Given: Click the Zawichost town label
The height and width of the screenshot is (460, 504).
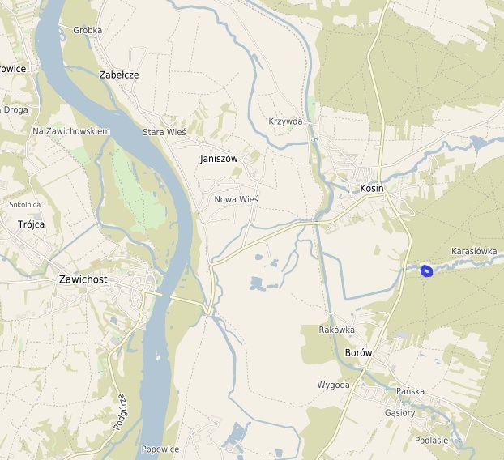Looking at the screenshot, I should (x=83, y=279).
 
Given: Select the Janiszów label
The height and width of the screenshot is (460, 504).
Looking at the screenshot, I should (x=219, y=159).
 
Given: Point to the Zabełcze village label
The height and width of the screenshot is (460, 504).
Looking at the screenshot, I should (x=119, y=75).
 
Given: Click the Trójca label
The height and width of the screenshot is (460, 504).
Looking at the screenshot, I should (x=31, y=224).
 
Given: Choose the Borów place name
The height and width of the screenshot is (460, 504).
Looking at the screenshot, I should (x=358, y=353).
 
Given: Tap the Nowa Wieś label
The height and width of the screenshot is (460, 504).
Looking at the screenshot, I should (x=236, y=199).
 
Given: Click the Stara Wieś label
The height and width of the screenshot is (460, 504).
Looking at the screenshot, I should (x=164, y=132).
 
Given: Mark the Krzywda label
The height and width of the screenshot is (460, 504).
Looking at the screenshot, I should (x=285, y=121).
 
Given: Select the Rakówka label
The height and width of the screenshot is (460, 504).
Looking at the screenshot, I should (x=337, y=330).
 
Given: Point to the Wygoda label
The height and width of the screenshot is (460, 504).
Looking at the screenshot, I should (x=334, y=385).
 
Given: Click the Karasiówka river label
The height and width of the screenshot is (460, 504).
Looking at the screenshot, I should (x=474, y=251).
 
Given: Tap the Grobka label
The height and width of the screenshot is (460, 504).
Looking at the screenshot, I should (x=88, y=31).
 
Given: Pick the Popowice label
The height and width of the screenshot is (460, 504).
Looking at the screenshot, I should (x=160, y=449).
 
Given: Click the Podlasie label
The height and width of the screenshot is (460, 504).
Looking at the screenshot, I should (x=431, y=440).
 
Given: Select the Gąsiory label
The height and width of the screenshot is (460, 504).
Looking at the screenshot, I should (x=400, y=412).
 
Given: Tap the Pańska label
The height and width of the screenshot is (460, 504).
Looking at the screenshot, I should (x=411, y=391).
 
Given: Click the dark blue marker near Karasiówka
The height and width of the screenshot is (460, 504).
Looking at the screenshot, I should (x=427, y=270).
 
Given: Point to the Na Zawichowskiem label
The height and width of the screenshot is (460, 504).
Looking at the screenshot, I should (x=70, y=130).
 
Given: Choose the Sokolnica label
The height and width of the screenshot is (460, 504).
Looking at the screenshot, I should (x=24, y=205).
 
